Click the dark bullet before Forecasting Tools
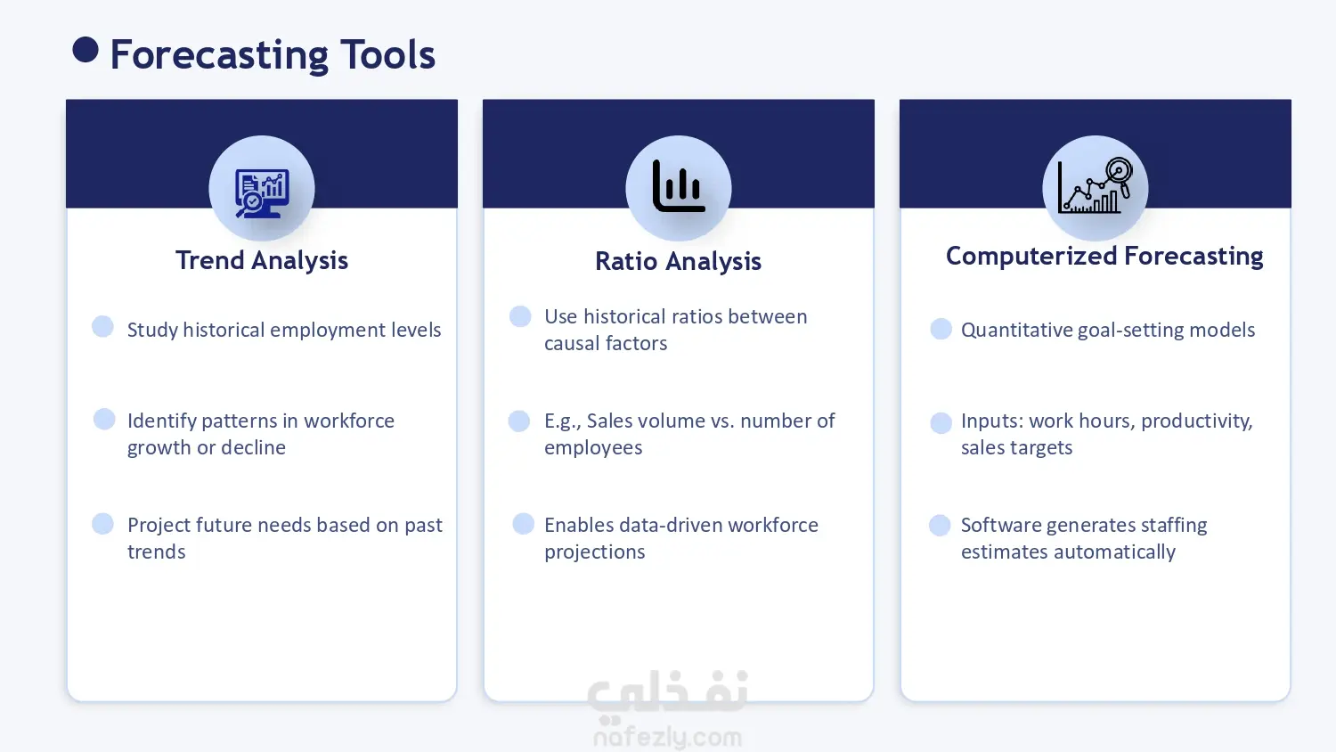pyautogui.click(x=86, y=50)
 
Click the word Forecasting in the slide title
pyautogui.click(x=219, y=55)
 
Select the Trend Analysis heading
pyautogui.click(x=262, y=260)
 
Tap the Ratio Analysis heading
pyautogui.click(x=678, y=261)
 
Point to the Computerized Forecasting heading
pyautogui.click(x=1104, y=256)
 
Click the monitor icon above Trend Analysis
pyautogui.click(x=262, y=193)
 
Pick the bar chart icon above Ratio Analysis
pyautogui.click(x=679, y=185)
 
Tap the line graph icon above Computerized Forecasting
pyautogui.click(x=1095, y=185)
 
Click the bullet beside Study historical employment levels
pyautogui.click(x=102, y=326)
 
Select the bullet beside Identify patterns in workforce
pyautogui.click(x=104, y=419)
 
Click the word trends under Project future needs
pyautogui.click(x=156, y=552)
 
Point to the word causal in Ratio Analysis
pyautogui.click(x=572, y=343)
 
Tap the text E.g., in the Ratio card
pyautogui.click(x=562, y=421)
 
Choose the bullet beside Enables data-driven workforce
pyautogui.click(x=523, y=524)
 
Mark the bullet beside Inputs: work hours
pyautogui.click(x=941, y=422)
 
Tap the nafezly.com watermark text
pyautogui.click(x=668, y=738)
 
